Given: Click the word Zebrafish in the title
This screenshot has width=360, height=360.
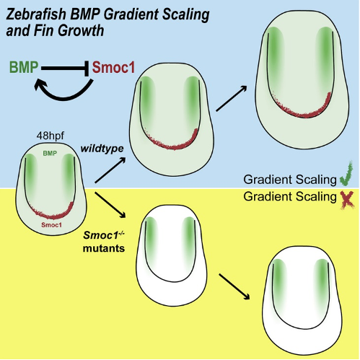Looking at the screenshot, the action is (x=36, y=14).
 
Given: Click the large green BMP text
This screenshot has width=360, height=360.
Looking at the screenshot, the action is (x=24, y=67).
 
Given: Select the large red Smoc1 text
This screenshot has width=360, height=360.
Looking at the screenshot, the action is (x=113, y=67).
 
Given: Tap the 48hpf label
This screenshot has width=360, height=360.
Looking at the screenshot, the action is (x=51, y=136).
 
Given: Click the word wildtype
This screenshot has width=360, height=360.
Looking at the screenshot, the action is (x=102, y=149).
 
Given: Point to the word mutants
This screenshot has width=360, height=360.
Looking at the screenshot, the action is (x=104, y=248).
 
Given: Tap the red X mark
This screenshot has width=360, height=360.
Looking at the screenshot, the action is (x=347, y=199).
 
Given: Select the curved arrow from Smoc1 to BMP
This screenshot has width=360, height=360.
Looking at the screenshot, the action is (x=63, y=96).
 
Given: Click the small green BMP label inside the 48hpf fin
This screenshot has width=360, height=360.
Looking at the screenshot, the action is (x=50, y=153).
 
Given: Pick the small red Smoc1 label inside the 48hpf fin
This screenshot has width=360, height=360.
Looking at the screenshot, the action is (x=51, y=225).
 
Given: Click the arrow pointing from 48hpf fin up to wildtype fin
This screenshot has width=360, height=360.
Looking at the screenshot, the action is (x=110, y=170).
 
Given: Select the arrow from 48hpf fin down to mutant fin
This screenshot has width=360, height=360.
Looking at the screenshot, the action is (x=110, y=205).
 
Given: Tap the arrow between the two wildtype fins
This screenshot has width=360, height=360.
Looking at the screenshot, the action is (x=232, y=98).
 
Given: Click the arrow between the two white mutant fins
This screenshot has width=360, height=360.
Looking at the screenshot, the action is (x=234, y=286).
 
